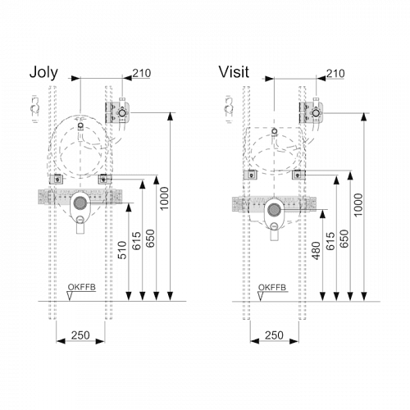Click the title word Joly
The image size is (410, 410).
click(x=43, y=73)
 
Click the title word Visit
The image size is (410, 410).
click(x=234, y=72)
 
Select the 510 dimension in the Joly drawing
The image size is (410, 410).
click(x=122, y=250)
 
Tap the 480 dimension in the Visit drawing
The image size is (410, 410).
click(x=316, y=251)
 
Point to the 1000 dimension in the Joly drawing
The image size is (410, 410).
click(x=164, y=198)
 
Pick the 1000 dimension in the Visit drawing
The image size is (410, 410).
click(x=358, y=205)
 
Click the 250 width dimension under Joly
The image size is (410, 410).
click(x=80, y=335)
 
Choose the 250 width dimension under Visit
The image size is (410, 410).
click(x=274, y=335)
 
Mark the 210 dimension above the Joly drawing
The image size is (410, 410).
click(x=142, y=73)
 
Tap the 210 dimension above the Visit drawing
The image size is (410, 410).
click(x=335, y=73)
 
